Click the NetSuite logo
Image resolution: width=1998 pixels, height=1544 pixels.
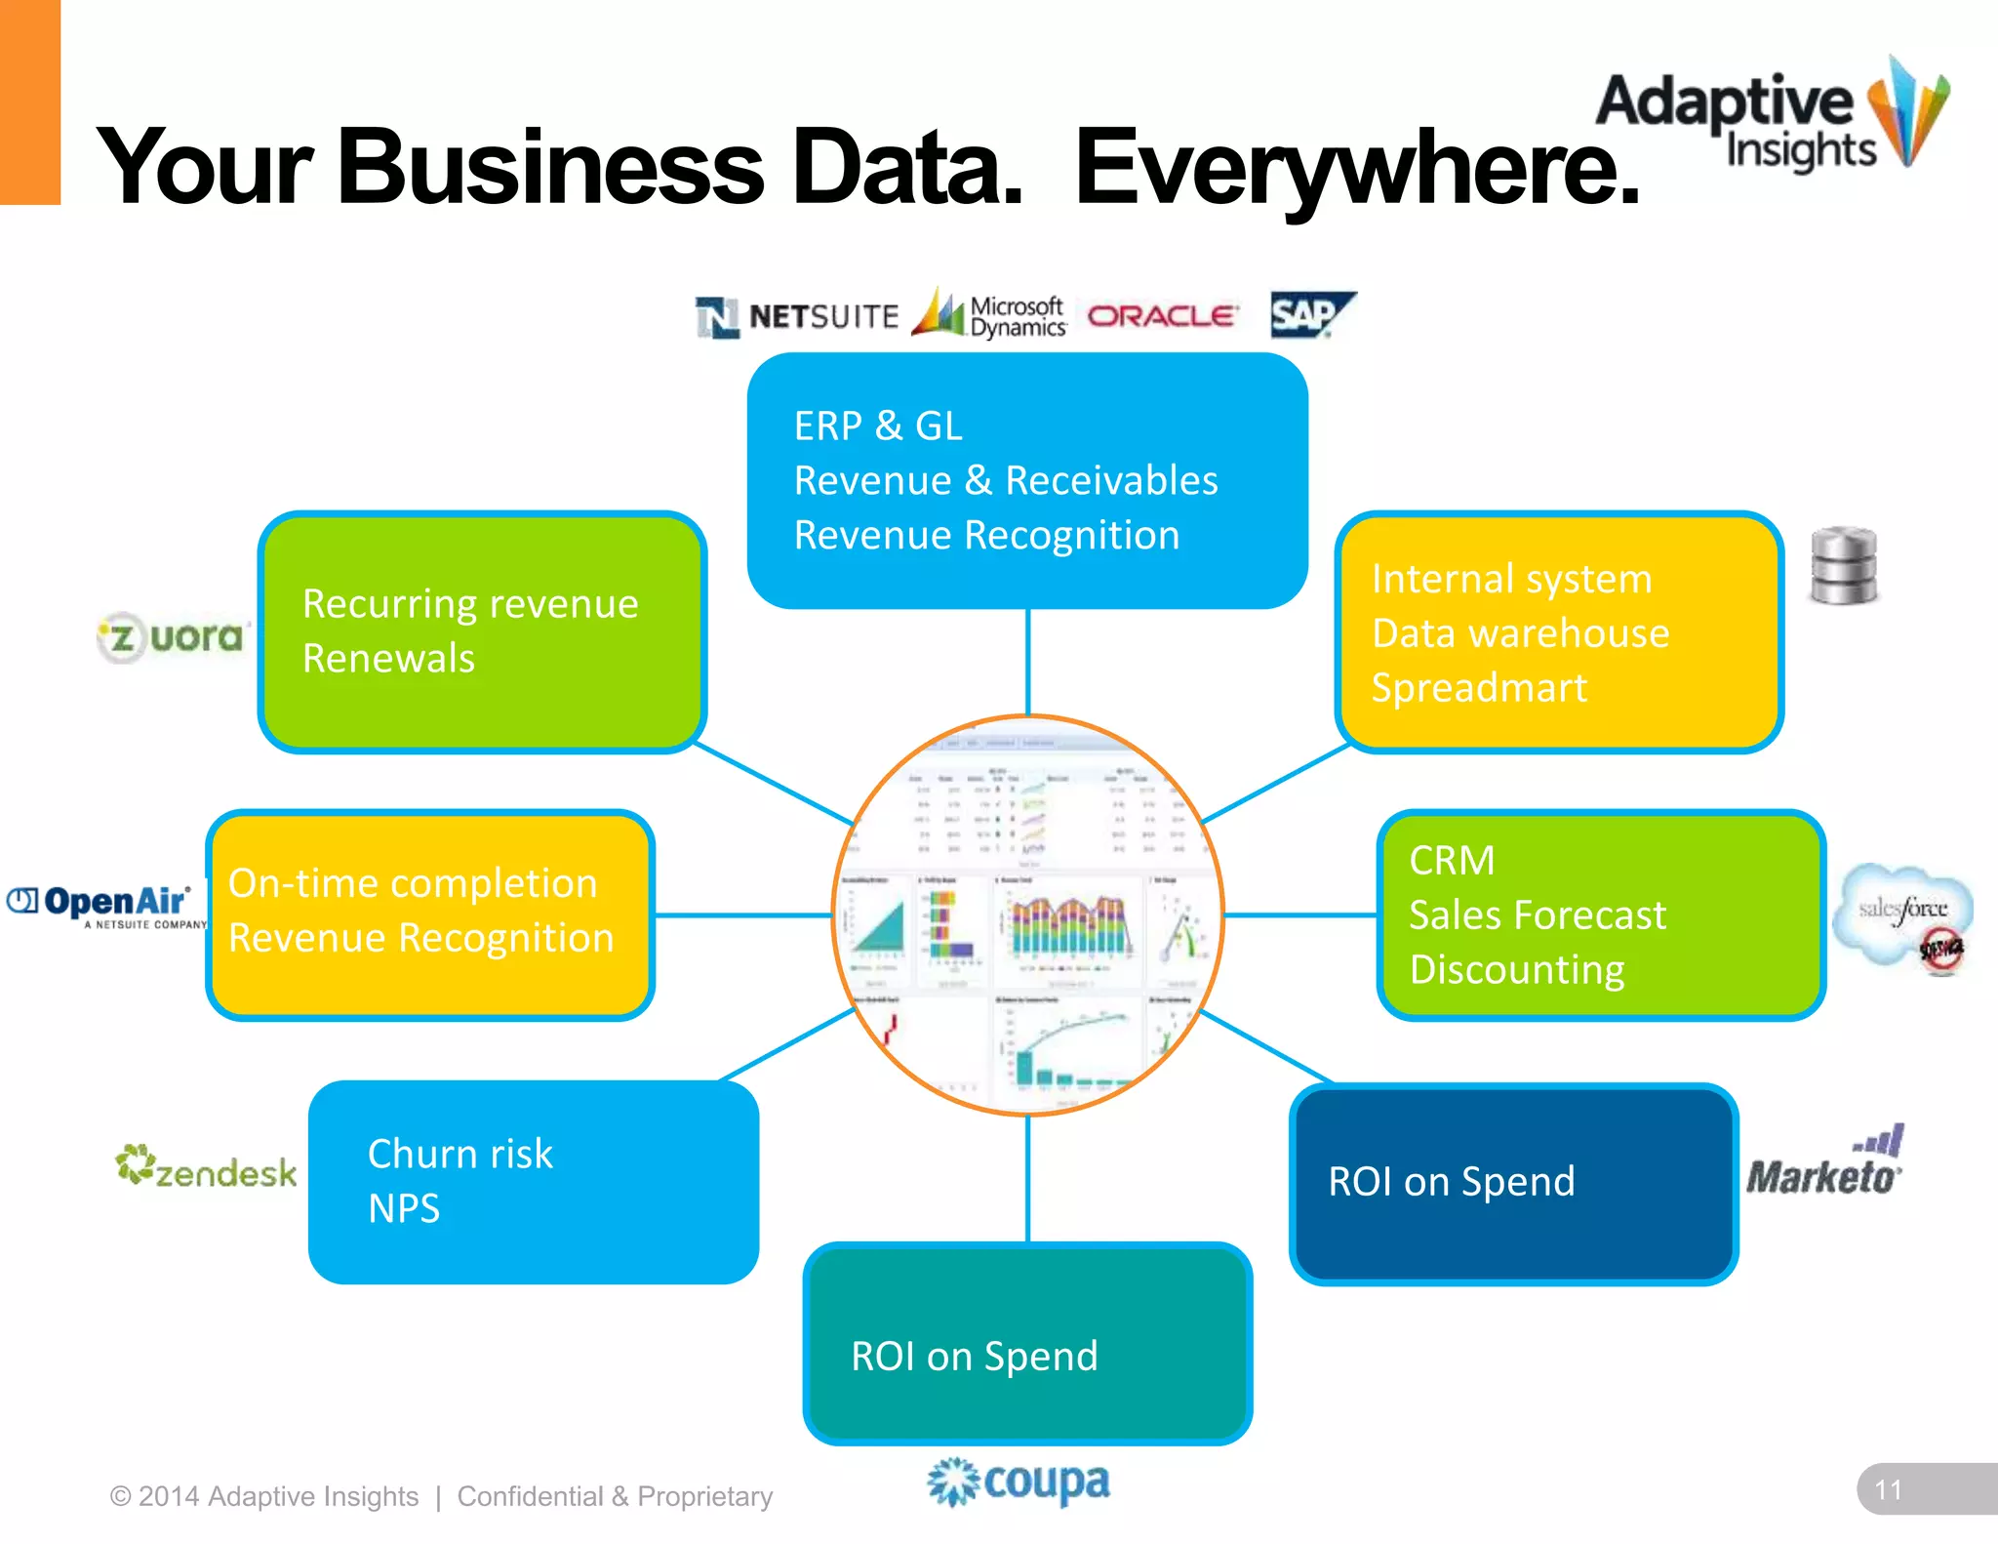[x=797, y=317]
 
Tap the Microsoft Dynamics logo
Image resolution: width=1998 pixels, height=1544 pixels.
[x=989, y=315]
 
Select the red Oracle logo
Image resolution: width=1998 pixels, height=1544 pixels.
[x=1162, y=316]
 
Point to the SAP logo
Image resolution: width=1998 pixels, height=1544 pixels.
[x=1310, y=314]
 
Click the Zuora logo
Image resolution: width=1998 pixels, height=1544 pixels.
[x=174, y=637]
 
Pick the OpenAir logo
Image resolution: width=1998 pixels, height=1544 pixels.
[x=107, y=905]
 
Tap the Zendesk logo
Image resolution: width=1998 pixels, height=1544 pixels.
[x=206, y=1168]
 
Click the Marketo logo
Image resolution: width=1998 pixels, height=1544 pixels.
[x=1824, y=1166]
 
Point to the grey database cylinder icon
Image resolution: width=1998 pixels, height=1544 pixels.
[x=1843, y=566]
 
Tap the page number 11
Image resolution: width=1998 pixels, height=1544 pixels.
[x=1889, y=1490]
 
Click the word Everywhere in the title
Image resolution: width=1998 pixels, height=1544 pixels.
[x=1356, y=168]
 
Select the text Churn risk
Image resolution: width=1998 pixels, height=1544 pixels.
[x=460, y=1154]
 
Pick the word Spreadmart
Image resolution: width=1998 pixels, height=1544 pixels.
[x=1479, y=688]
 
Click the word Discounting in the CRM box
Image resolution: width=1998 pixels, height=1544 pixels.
[x=1517, y=970]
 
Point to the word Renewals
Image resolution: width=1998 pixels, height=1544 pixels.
[x=388, y=659]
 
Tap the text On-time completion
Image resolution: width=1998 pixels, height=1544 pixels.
[x=413, y=883]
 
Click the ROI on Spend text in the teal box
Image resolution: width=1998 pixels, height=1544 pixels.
[x=974, y=1357]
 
